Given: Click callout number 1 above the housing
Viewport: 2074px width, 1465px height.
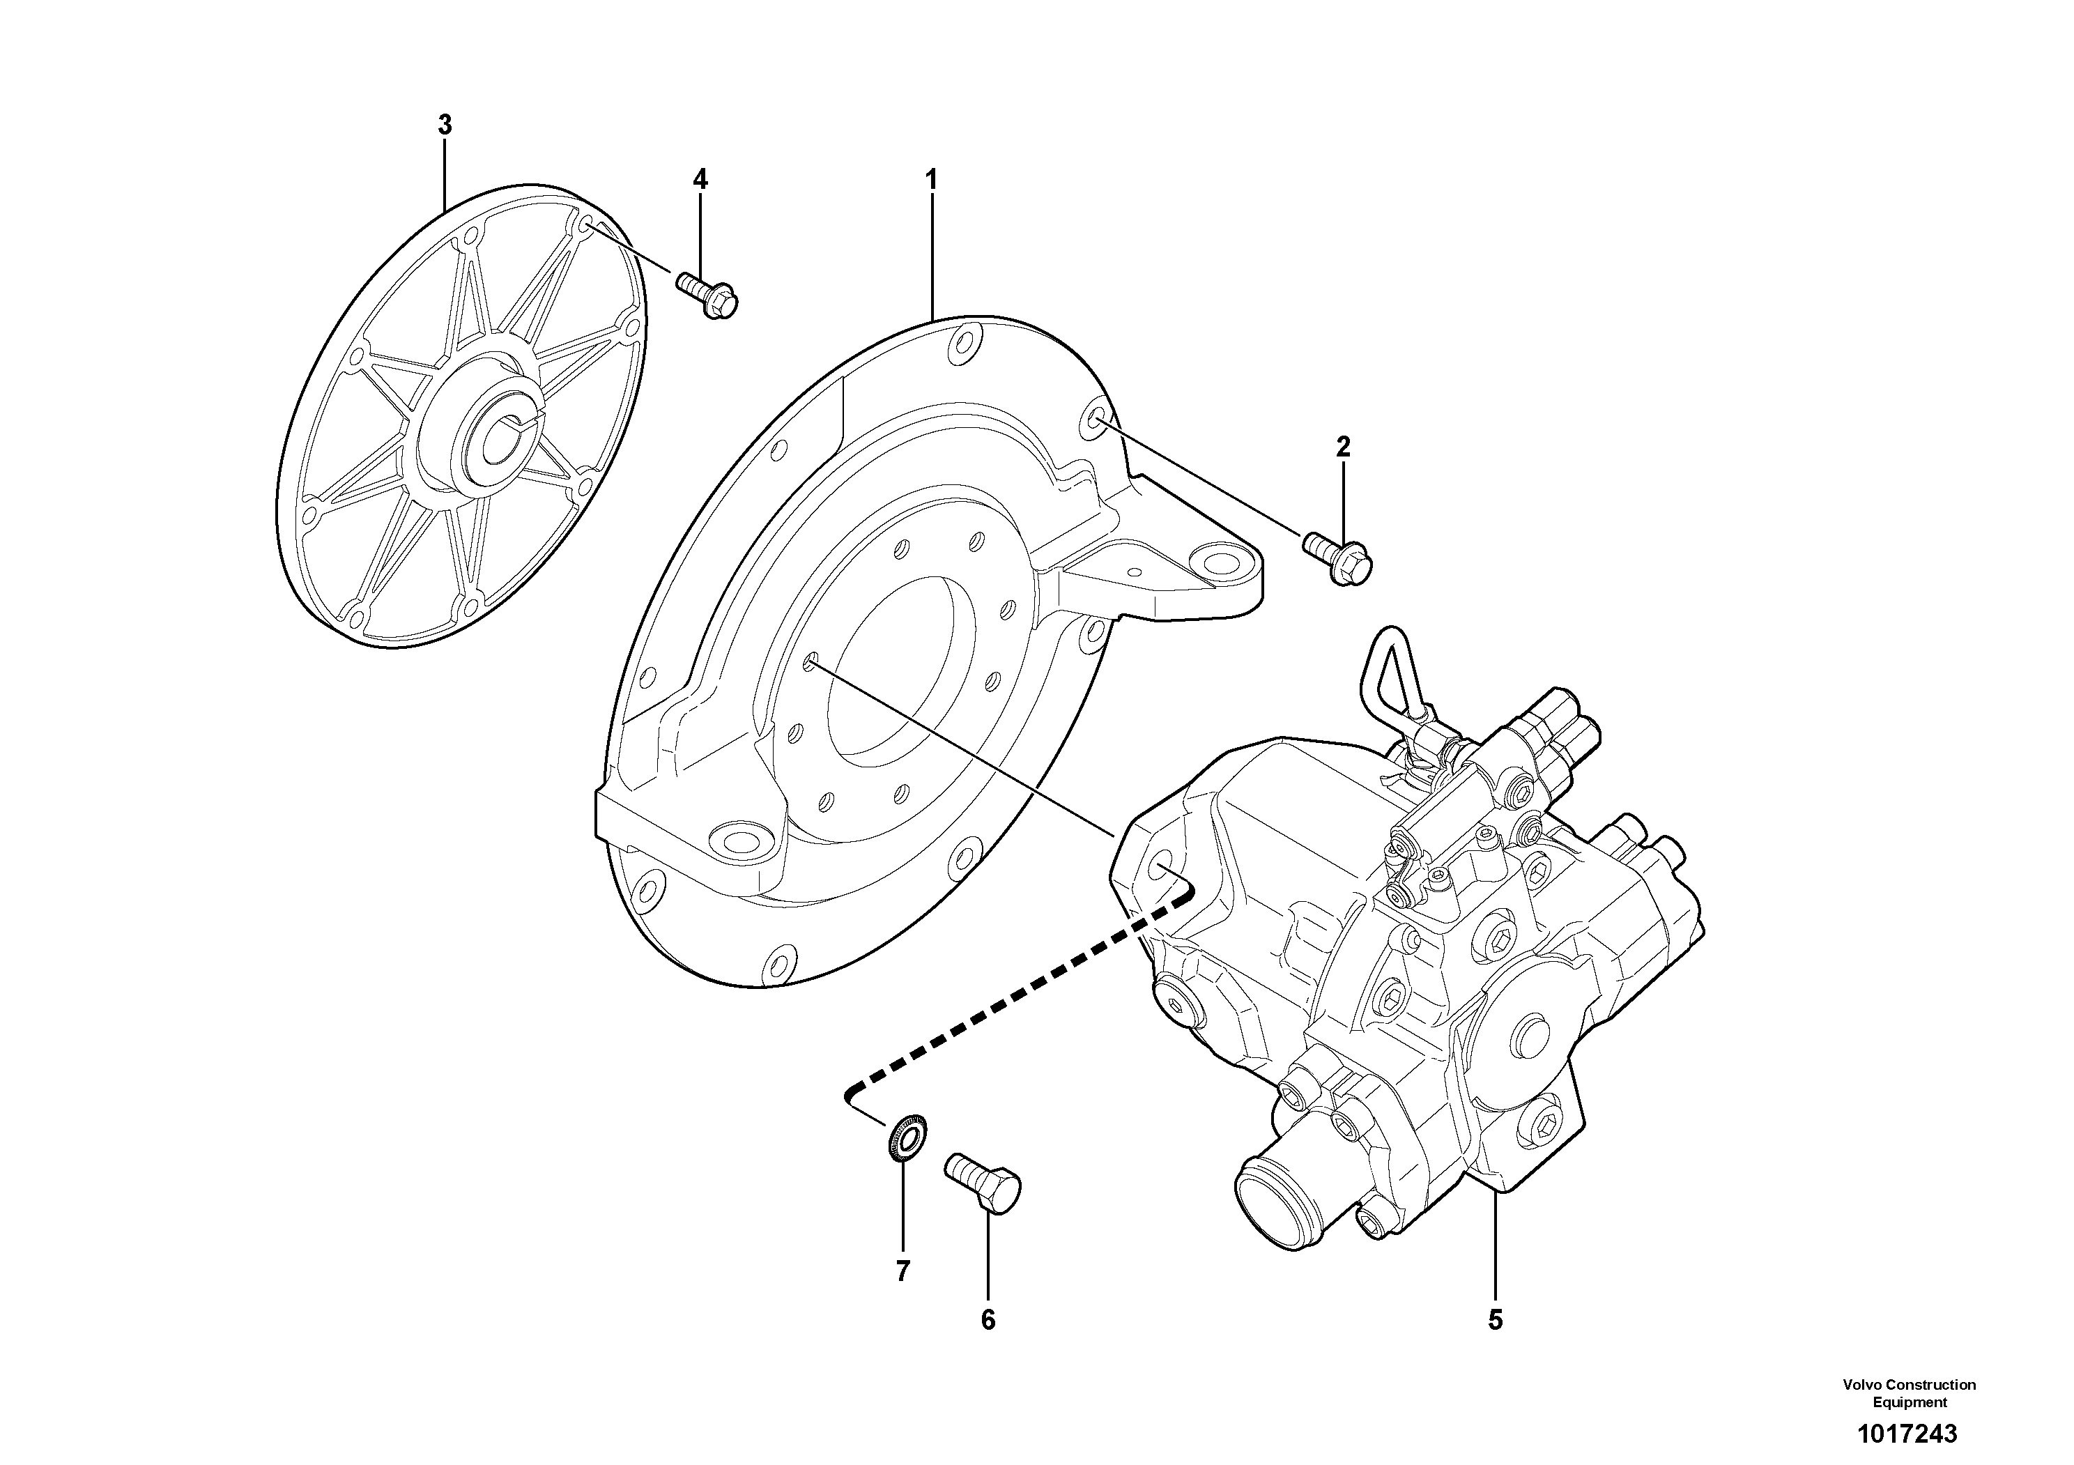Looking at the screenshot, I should (931, 179).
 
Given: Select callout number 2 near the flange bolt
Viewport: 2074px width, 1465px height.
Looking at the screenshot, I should (1343, 446).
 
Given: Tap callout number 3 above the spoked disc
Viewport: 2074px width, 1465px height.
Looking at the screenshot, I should (445, 125).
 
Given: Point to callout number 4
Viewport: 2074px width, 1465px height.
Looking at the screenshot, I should (700, 179).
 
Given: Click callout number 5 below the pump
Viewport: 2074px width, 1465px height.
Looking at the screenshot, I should (1495, 1321).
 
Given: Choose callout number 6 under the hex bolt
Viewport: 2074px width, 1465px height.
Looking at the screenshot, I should (988, 1321).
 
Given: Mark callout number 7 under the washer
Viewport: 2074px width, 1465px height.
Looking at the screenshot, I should (902, 1272).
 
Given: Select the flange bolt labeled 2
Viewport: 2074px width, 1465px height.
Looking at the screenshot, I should (1339, 558).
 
